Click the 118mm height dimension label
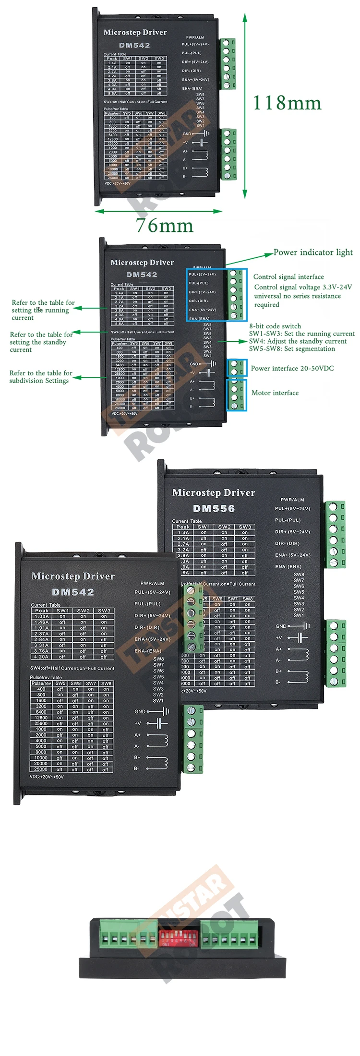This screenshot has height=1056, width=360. [287, 103]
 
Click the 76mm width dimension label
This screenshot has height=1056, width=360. [164, 226]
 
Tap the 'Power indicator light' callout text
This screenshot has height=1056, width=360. [313, 252]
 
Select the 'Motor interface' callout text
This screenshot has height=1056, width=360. [275, 393]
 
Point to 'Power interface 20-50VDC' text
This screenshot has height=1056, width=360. [292, 368]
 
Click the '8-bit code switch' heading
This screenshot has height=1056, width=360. [275, 326]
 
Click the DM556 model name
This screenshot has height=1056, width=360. [214, 508]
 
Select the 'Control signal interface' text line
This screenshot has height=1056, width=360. [288, 276]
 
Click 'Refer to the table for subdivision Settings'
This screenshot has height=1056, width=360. [41, 376]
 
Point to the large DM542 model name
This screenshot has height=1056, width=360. [73, 592]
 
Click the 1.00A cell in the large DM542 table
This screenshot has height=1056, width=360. [42, 616]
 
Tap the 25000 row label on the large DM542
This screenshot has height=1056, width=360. [41, 769]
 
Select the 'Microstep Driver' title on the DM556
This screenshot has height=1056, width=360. [214, 492]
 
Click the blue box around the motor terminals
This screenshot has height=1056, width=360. [237, 395]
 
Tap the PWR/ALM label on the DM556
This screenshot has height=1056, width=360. [292, 500]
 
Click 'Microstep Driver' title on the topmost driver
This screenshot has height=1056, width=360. [135, 33]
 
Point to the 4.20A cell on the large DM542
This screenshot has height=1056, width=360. [42, 657]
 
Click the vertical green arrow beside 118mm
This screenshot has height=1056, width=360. [245, 106]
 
